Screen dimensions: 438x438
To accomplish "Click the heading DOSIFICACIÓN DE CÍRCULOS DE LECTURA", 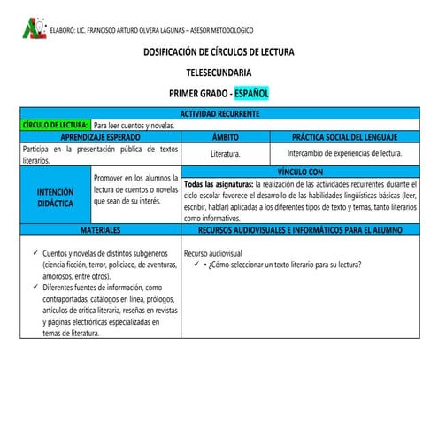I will click(219, 52).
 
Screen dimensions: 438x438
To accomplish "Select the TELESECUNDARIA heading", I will click(219, 72).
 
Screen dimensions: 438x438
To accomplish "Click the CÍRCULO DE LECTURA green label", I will click(54, 126).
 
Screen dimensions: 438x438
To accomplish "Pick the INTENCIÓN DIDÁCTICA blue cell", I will click(55, 196).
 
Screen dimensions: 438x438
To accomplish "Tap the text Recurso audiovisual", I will click(213, 253).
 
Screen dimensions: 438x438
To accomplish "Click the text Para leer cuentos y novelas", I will click(134, 126).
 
